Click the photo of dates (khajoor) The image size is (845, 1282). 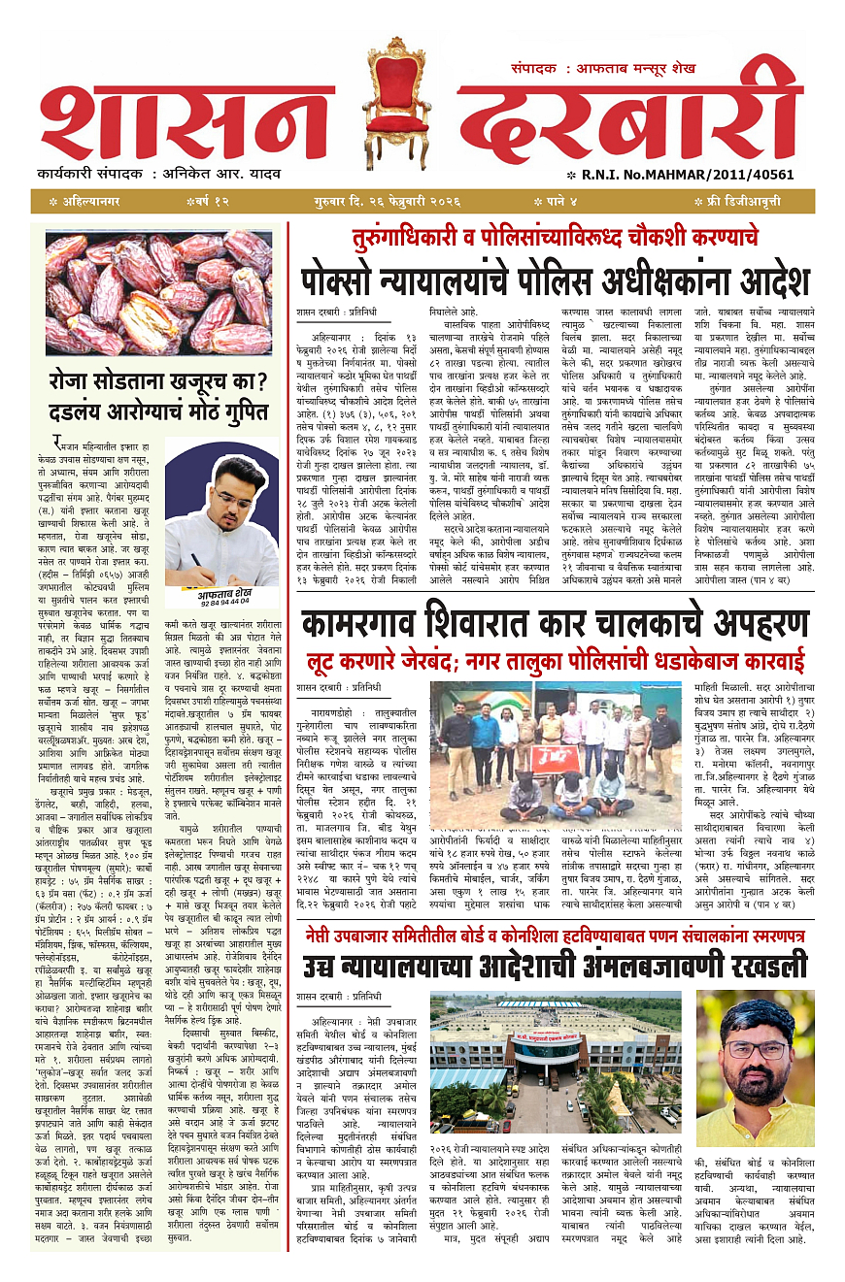pyautogui.click(x=158, y=293)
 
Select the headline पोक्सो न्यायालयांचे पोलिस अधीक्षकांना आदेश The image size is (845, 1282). pyautogui.click(x=554, y=280)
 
